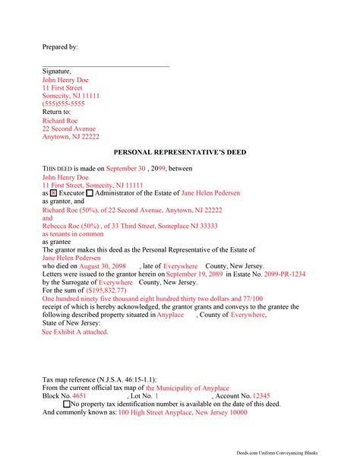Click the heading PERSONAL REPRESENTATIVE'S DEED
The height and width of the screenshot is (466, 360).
pos(180,152)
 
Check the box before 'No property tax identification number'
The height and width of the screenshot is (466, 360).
pos(66,404)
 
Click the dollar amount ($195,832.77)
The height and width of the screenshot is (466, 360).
pos(101,291)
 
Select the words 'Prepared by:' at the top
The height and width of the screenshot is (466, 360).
pos(60,47)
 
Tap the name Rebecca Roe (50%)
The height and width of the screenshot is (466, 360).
pos(72,226)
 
